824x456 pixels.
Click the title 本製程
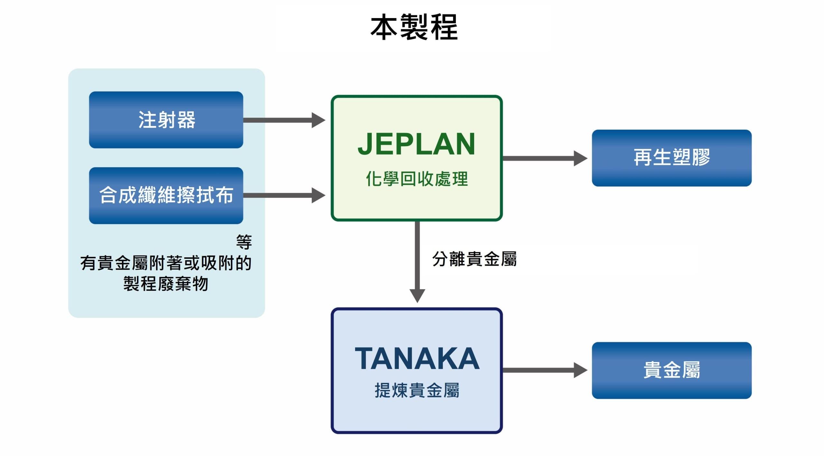414,27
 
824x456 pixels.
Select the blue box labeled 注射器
166,120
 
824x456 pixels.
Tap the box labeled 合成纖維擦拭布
166,195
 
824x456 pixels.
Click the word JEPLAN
417,144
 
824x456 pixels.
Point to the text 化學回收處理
417,179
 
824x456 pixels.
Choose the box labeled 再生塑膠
672,158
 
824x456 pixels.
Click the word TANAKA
417,359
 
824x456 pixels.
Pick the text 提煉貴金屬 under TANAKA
417,390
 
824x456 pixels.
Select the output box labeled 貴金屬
672,370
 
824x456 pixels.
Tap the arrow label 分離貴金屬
474,259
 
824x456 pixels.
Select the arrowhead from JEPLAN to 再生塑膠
580,158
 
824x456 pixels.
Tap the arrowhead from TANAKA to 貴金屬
580,370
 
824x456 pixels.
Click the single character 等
244,242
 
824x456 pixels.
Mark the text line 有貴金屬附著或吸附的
166,263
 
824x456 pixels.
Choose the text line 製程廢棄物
166,284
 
